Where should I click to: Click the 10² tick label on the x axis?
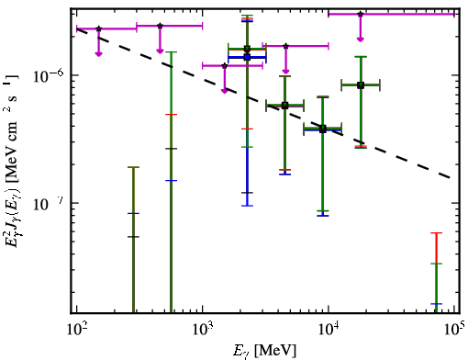76,329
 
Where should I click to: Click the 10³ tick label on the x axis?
202,329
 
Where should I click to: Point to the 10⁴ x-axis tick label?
329,329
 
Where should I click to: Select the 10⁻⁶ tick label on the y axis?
49,75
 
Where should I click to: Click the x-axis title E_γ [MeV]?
264,350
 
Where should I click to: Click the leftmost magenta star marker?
98,28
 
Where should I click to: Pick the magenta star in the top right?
361,14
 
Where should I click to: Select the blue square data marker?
247,57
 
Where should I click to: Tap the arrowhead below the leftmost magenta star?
98,54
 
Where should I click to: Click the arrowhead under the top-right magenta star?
361,39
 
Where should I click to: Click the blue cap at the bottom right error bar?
436,304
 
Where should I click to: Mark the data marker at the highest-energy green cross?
361,85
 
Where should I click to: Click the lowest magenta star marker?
225,66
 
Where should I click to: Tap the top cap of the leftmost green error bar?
133,167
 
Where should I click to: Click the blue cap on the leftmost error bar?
133,213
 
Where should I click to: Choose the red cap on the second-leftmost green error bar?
171,115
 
